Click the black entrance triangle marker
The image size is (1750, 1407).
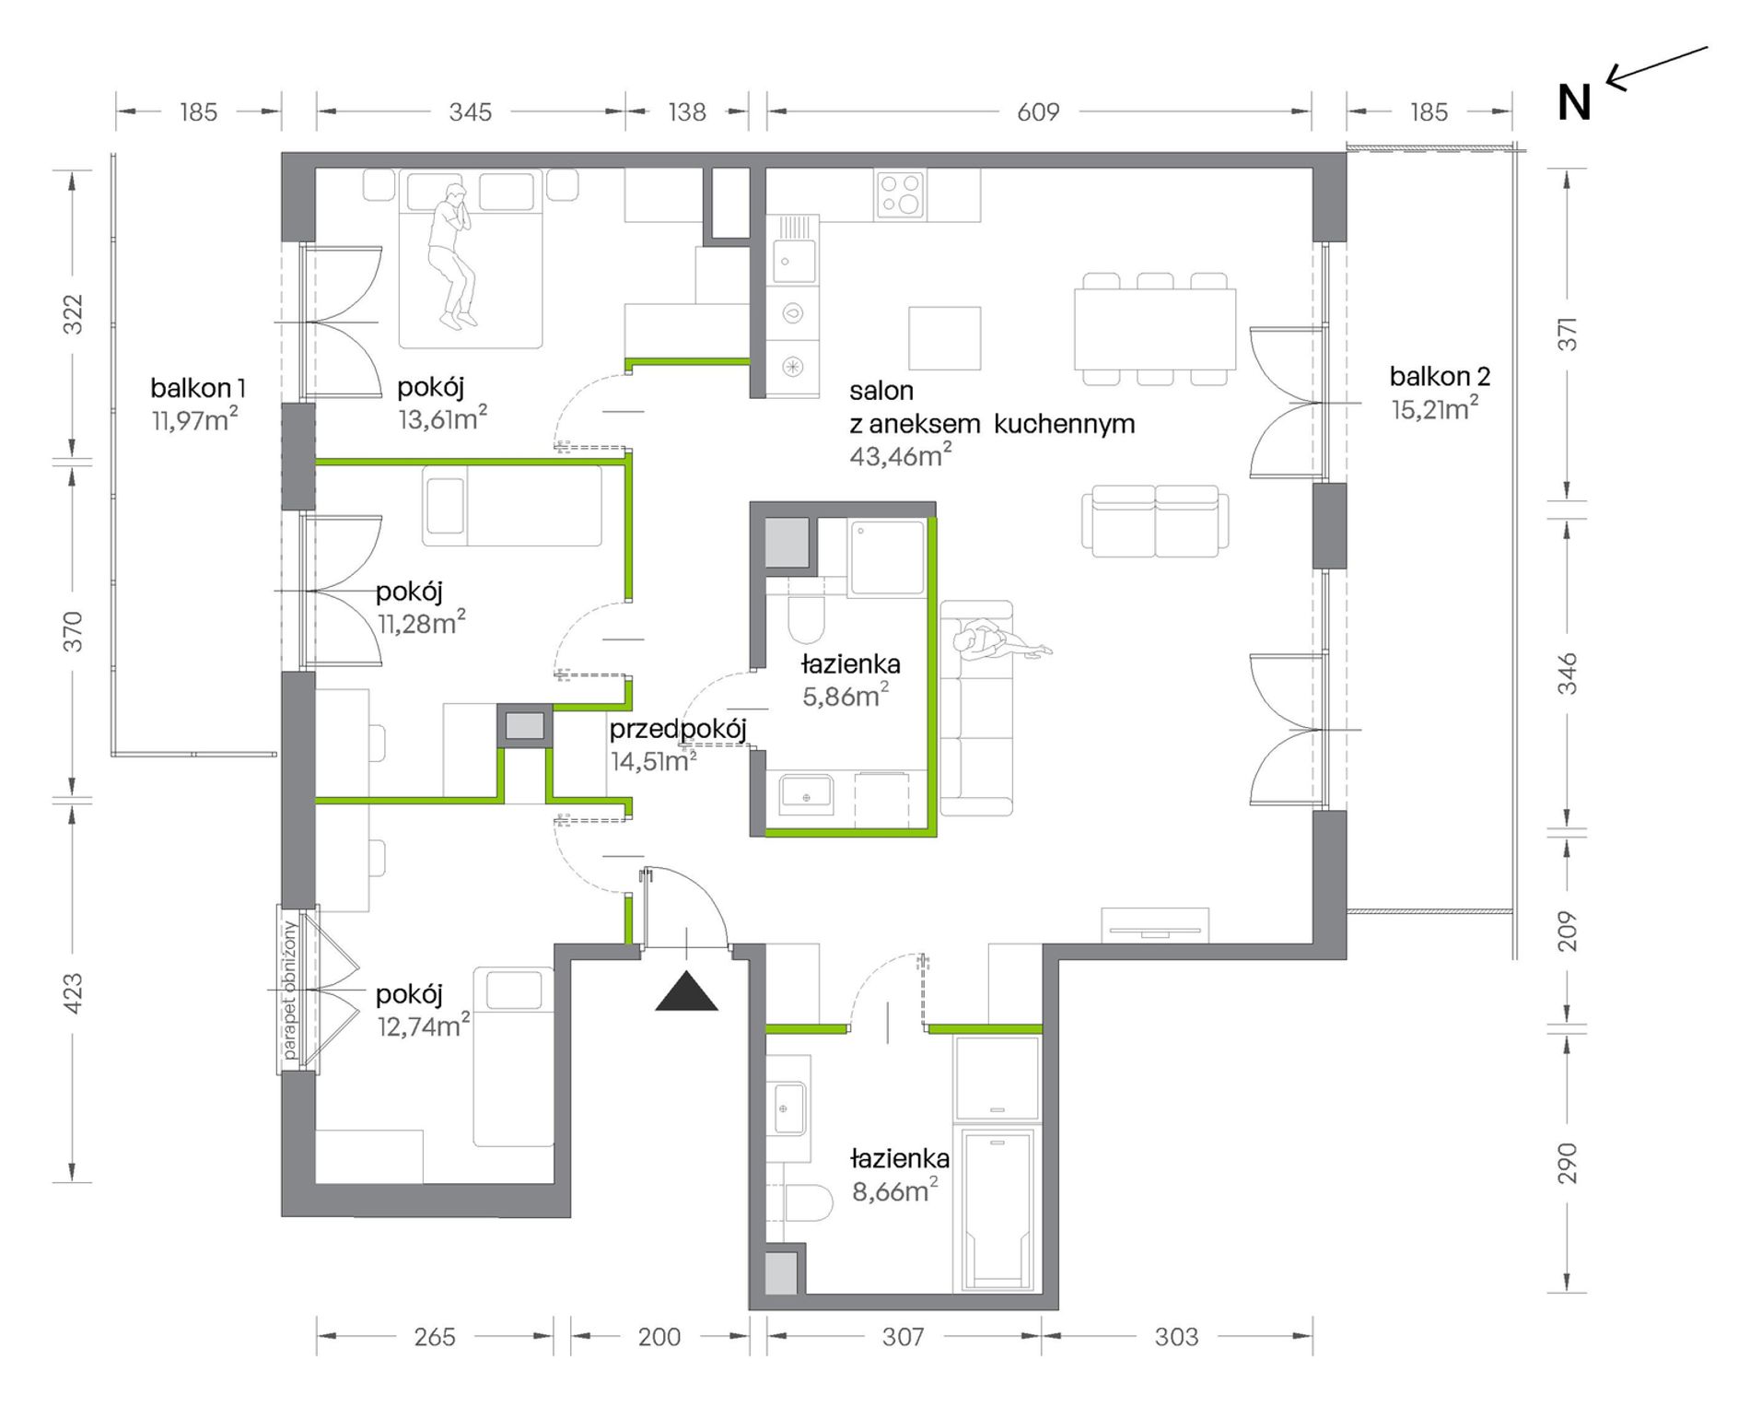(x=686, y=991)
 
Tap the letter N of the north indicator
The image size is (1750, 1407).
(x=1574, y=103)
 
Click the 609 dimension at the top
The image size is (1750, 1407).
(x=1038, y=111)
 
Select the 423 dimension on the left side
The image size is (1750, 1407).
(x=73, y=993)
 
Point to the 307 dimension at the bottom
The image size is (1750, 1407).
(x=903, y=1336)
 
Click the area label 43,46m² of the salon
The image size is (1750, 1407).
(x=900, y=455)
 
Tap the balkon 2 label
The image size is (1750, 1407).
(x=1440, y=376)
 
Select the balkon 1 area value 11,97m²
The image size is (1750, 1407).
(x=195, y=420)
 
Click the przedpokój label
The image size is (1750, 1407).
(x=678, y=729)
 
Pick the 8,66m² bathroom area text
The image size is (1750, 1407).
(x=894, y=1190)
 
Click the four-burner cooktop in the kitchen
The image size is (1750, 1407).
(x=901, y=195)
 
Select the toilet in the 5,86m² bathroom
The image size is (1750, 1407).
(x=807, y=619)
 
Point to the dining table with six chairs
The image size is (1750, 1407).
(x=1155, y=328)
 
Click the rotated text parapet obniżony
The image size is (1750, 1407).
(x=289, y=990)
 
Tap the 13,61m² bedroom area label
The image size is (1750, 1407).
(x=442, y=419)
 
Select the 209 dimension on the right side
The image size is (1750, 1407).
(x=1568, y=931)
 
